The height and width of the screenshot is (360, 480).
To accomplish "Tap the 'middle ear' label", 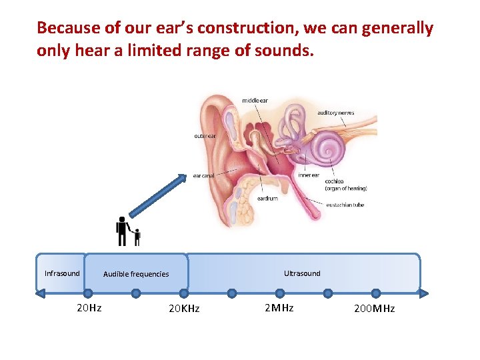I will click(255, 101).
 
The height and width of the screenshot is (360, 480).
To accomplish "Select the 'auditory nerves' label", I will click(335, 113).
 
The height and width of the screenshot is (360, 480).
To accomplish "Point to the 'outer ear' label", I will click(205, 136).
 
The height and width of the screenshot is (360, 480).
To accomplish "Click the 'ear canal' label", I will click(204, 176).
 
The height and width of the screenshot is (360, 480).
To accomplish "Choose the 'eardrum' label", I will click(267, 198).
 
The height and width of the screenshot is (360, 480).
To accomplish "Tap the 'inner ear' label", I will click(309, 175).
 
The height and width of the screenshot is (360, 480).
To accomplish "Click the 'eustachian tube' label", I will click(345, 205).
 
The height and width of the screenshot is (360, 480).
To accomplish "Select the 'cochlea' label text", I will click(334, 181).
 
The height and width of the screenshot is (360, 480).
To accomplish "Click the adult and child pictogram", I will click(127, 231).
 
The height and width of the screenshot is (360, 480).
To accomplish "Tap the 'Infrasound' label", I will click(62, 273).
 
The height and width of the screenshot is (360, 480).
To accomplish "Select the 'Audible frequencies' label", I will click(136, 274).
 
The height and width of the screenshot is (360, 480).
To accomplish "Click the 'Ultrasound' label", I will click(302, 273).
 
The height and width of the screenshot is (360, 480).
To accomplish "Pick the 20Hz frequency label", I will click(89, 308).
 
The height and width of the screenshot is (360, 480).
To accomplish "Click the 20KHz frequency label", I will click(184, 309).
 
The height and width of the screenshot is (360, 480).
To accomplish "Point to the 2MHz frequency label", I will click(279, 308).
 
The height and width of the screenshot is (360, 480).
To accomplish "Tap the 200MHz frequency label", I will click(374, 309).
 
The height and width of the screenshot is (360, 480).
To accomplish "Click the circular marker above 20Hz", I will click(88, 293).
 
